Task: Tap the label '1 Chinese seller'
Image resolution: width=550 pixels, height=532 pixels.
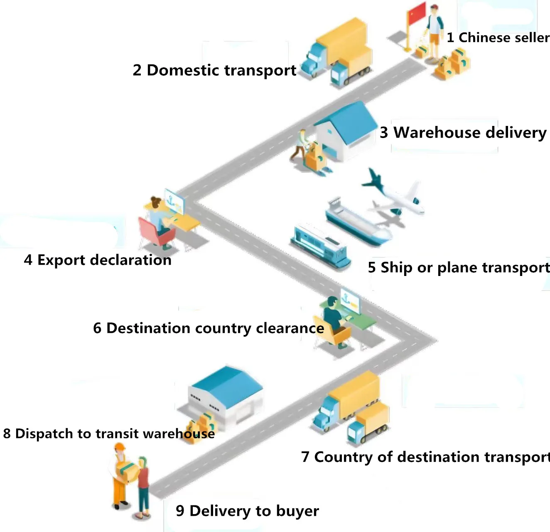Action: (x=498, y=37)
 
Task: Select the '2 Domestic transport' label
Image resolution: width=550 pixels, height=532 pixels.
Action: (x=214, y=70)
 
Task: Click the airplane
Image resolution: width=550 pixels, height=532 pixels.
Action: (x=393, y=193)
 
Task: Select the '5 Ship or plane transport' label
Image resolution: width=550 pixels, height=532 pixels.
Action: (x=459, y=267)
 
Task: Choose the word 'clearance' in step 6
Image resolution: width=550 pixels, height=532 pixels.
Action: (x=290, y=328)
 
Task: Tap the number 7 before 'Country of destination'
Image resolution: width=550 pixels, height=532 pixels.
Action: (x=305, y=457)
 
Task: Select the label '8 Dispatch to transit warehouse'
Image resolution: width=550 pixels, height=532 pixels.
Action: (x=109, y=433)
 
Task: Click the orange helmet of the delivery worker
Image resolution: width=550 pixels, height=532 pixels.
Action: (x=120, y=447)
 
